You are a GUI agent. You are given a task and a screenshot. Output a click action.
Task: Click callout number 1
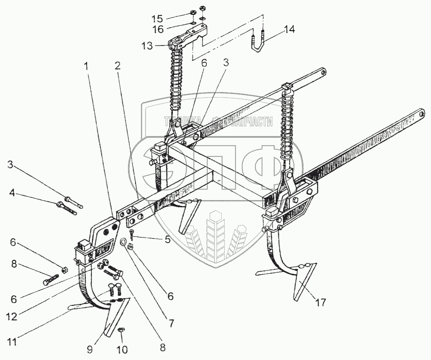point(87,67)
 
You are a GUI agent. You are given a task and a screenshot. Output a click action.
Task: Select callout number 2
point(117,66)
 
